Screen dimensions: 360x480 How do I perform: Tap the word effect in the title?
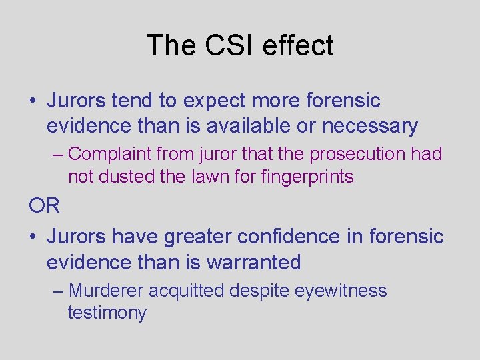click(298, 45)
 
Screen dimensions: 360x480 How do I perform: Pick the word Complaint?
click(110, 154)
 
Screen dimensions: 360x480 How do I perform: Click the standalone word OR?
click(44, 205)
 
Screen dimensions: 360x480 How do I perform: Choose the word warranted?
click(253, 262)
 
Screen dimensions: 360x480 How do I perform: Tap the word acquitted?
click(188, 291)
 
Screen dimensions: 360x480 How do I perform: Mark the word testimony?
click(107, 313)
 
